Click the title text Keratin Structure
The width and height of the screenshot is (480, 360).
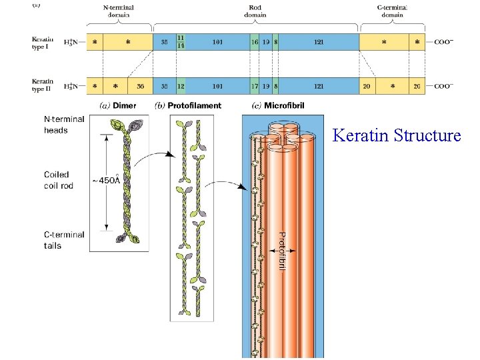(x=396, y=136)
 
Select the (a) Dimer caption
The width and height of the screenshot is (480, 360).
(x=118, y=105)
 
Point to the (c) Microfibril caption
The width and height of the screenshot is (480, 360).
(x=275, y=105)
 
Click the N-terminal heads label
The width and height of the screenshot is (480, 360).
(x=64, y=125)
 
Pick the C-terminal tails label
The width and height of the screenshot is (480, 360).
(x=64, y=240)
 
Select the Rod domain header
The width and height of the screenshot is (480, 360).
(x=255, y=11)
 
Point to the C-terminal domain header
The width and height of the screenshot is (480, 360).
(x=391, y=11)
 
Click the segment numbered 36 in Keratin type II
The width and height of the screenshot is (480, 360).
(x=140, y=86)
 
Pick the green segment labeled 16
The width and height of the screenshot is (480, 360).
(x=255, y=42)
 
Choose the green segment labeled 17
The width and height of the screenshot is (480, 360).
(x=255, y=86)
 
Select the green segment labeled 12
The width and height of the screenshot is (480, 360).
(x=181, y=86)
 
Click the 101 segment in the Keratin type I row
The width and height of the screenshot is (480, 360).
(x=217, y=42)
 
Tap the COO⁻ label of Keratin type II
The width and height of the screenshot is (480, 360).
(x=443, y=86)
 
